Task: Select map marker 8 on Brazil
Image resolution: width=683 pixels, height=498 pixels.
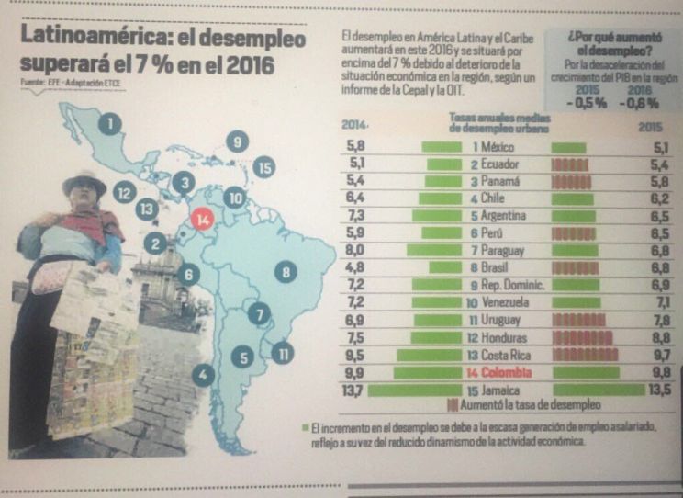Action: pyautogui.click(x=286, y=271)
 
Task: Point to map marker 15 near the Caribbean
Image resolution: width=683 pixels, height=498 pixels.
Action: pyautogui.click(x=263, y=167)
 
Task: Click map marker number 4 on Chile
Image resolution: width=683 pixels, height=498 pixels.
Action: pyautogui.click(x=203, y=375)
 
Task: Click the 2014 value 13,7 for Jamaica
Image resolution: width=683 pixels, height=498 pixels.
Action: pyautogui.click(x=353, y=390)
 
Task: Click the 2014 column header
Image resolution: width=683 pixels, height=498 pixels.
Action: pyautogui.click(x=354, y=124)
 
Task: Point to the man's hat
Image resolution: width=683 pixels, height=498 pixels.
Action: pyautogui.click(x=84, y=181)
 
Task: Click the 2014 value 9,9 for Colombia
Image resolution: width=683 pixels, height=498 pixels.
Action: pyautogui.click(x=355, y=372)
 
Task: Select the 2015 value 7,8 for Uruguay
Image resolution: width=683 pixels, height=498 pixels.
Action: pyautogui.click(x=659, y=320)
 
